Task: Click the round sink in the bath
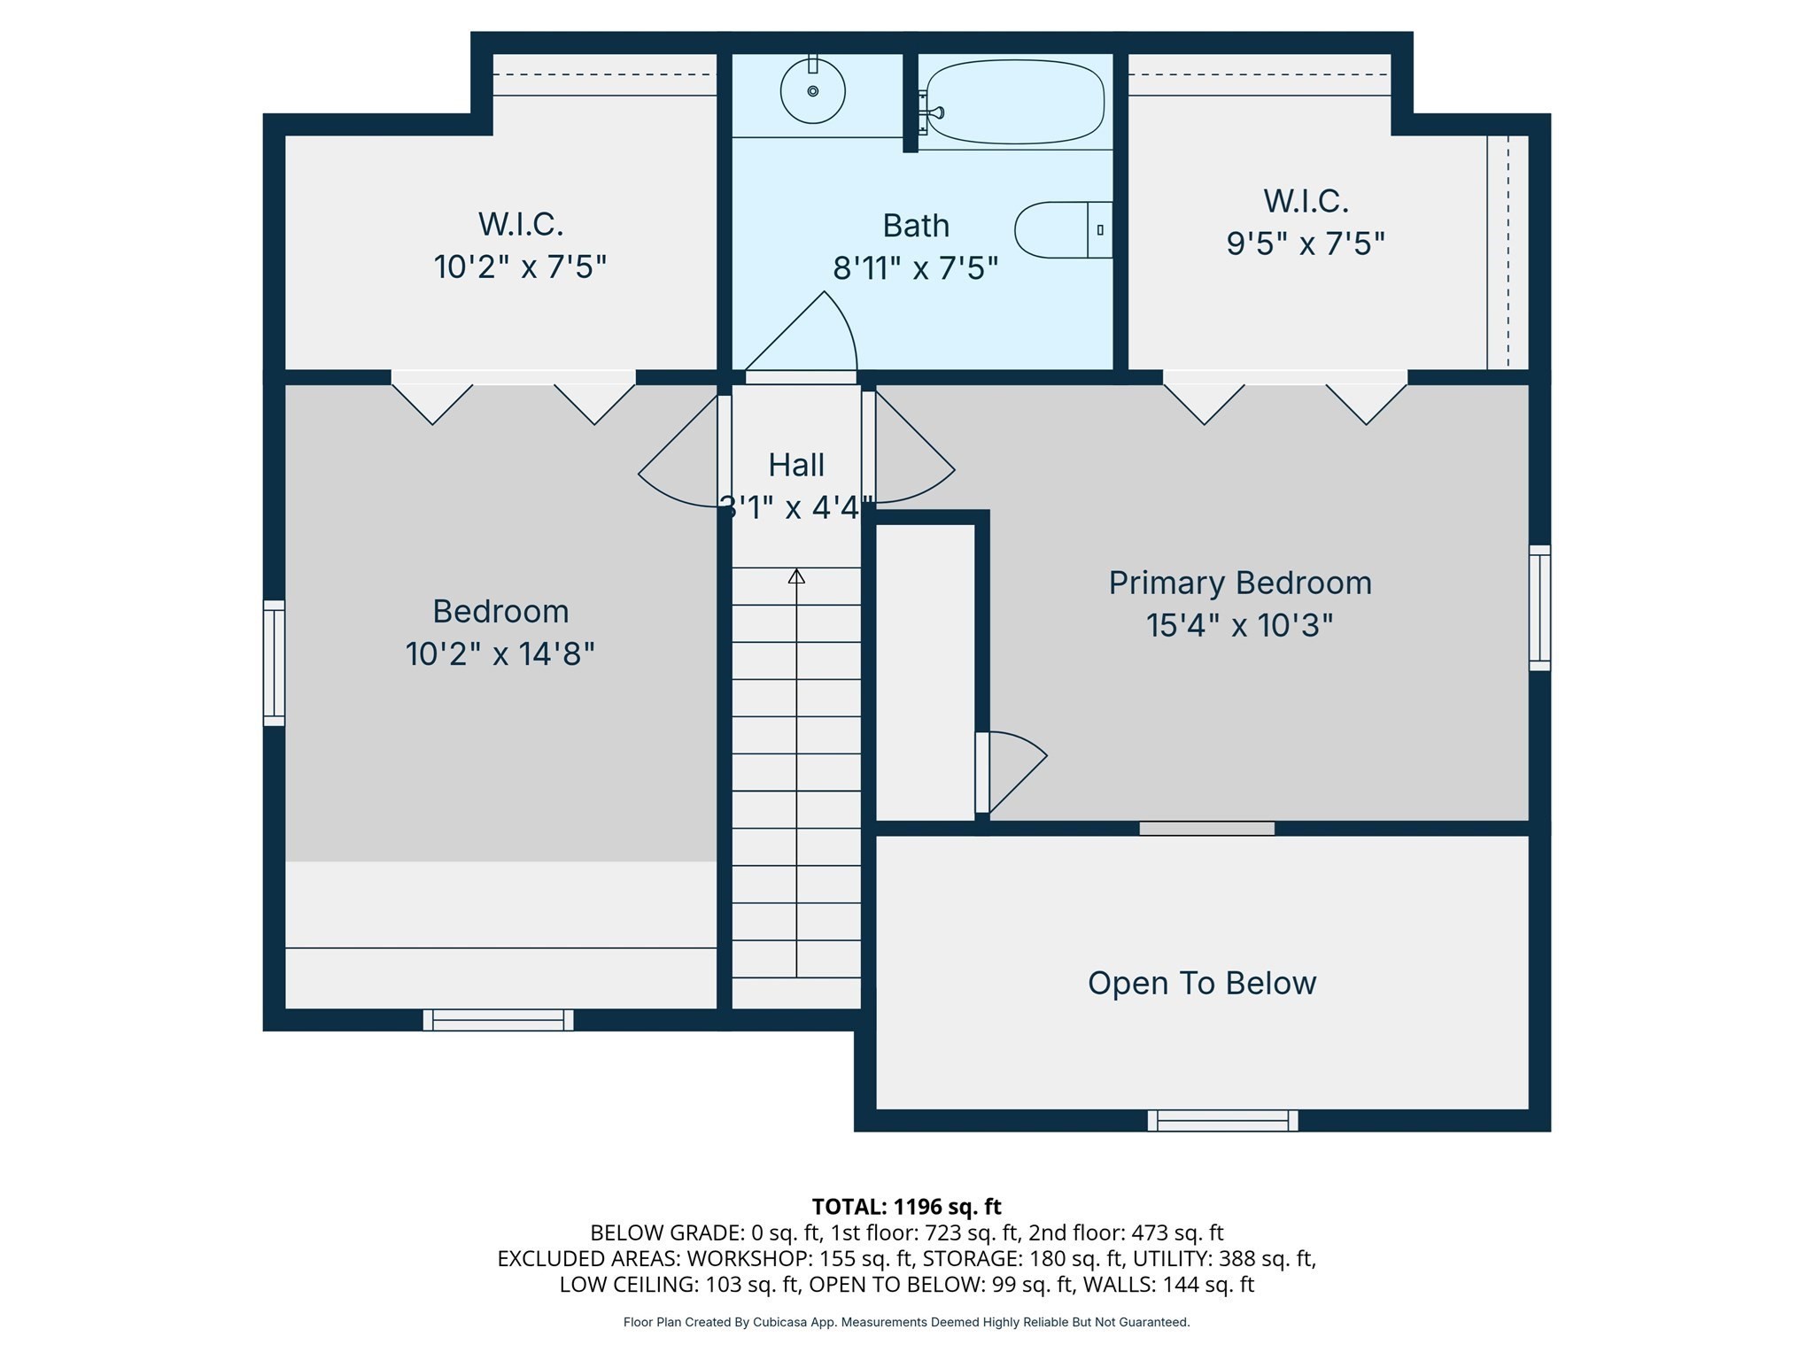[x=812, y=90]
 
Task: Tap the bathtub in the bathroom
[x=1015, y=102]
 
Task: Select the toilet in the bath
[x=1062, y=230]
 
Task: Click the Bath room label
[x=916, y=226]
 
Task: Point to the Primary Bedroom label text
[x=1239, y=583]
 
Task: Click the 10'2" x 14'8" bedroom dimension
[x=500, y=654]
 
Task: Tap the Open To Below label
[x=1201, y=983]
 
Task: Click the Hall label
[x=795, y=465]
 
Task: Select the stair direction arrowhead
[x=796, y=576]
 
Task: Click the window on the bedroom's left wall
[x=275, y=663]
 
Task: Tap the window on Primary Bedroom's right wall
[x=1539, y=607]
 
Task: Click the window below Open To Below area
[x=1222, y=1120]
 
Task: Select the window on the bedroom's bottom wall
[x=498, y=1020]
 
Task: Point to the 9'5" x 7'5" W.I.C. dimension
[x=1305, y=243]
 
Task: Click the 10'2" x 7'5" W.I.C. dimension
[x=520, y=267]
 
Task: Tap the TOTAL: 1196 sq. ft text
[x=906, y=1206]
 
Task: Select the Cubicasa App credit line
[x=906, y=1322]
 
